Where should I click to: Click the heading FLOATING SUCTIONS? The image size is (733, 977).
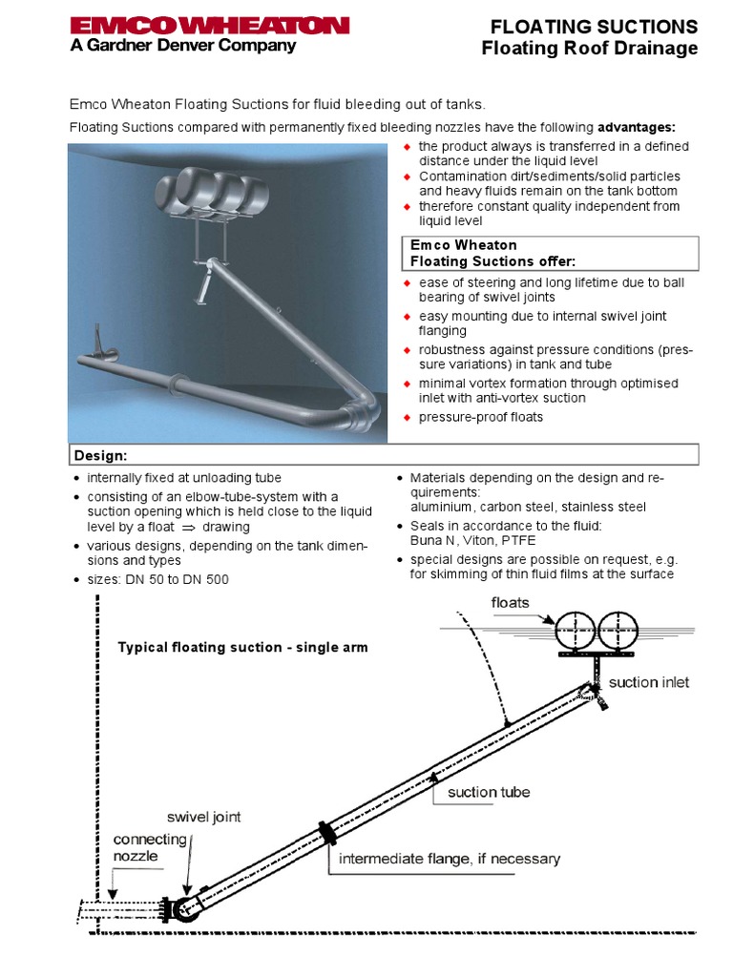[594, 26]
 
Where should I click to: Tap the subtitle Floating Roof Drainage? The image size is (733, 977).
[589, 48]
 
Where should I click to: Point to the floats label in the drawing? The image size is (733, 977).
[510, 602]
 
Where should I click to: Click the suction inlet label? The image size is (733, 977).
[648, 682]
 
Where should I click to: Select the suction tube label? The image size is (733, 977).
[489, 792]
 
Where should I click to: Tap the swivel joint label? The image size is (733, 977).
[204, 817]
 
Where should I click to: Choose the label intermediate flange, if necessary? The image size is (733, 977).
[450, 859]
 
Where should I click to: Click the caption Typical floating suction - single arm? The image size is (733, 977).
[242, 648]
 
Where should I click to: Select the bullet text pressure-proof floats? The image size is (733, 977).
[480, 417]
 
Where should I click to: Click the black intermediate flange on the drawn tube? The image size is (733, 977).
[328, 832]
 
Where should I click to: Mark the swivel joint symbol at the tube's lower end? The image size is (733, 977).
[183, 908]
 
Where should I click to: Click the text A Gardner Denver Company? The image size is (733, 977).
[183, 45]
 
